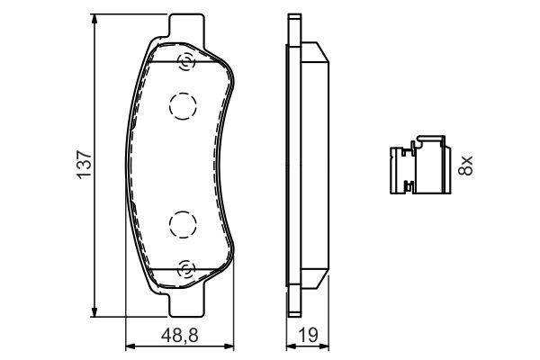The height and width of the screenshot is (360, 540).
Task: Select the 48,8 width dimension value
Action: (179, 338)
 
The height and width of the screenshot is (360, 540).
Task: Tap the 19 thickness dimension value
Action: (309, 338)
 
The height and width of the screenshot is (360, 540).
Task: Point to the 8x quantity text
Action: (465, 164)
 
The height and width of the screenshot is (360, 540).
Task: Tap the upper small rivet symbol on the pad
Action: (186, 62)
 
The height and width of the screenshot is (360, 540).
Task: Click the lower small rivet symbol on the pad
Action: (186, 267)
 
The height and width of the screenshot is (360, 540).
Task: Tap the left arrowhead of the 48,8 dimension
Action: (128, 346)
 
